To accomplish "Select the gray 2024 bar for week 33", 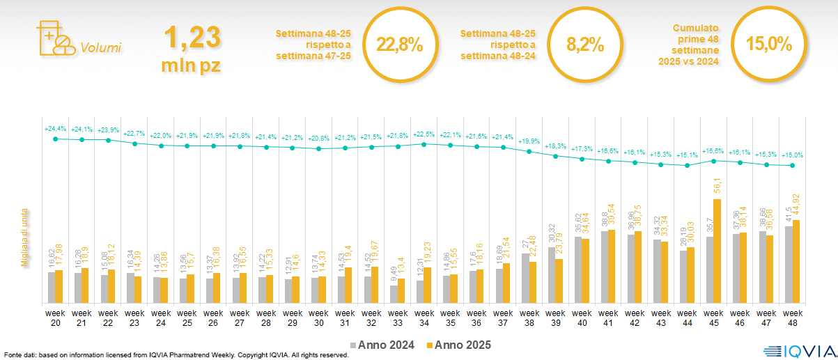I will tap(394, 294).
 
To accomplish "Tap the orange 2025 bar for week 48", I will tap(796, 261).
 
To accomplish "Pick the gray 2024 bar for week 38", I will tap(526, 278).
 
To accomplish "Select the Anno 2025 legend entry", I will tap(460, 345).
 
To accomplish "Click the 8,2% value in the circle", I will tap(584, 45).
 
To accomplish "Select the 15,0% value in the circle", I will tap(769, 44).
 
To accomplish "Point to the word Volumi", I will tap(100, 48).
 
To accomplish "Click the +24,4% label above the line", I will tap(55, 129).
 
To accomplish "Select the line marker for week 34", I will tap(424, 144).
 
